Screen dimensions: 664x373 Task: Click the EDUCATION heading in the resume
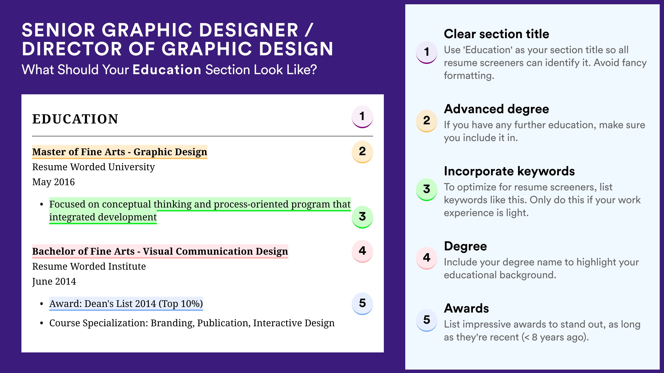pos(75,119)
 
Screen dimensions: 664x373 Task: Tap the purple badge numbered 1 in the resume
pos(362,117)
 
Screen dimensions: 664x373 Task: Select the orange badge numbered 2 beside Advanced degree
pos(427,121)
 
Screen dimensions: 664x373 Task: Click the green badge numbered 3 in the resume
pos(362,217)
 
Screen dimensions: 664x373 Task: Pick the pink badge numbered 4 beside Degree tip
pos(427,258)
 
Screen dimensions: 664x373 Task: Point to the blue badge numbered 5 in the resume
pos(362,303)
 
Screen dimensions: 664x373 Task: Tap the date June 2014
pos(54,281)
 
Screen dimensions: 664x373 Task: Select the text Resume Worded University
pos(94,167)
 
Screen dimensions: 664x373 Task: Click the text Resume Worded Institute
pos(89,266)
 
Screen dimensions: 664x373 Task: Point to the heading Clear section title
pos(497,34)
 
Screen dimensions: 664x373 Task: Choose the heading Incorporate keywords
pos(509,171)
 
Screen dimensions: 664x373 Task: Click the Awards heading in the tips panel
pos(466,308)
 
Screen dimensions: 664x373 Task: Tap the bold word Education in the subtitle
pos(167,70)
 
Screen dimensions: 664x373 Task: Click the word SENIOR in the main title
pos(58,30)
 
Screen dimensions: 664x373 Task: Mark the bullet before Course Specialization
pos(42,323)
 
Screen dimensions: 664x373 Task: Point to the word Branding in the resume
pos(172,323)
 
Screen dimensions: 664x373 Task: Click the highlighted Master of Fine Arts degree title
pos(120,152)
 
